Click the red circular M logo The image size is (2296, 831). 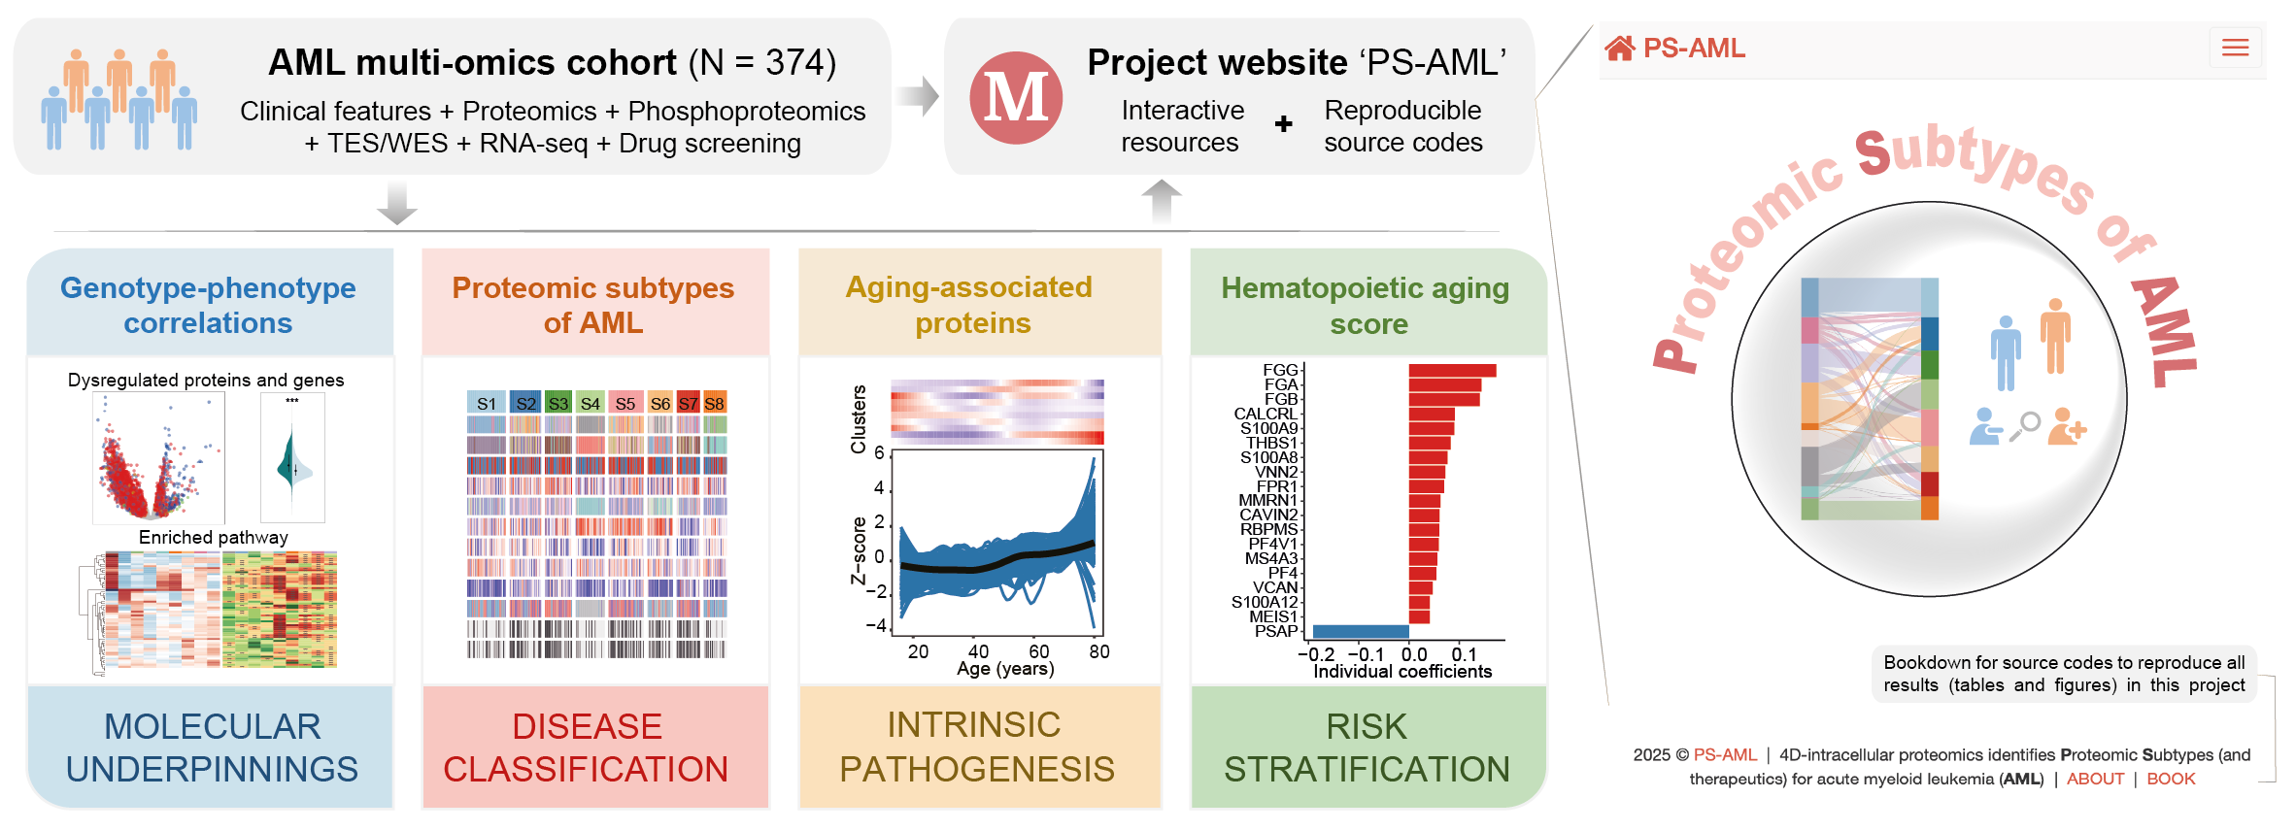click(1016, 98)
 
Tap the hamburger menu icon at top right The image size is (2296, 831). click(2235, 48)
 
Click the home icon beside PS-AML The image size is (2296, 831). click(1619, 48)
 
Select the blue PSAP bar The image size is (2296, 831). click(1360, 631)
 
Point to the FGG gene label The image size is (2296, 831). click(1280, 370)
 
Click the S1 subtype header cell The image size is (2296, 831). click(486, 404)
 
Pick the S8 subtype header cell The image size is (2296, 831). click(715, 404)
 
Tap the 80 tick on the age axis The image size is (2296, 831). click(1098, 651)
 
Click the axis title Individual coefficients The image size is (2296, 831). click(1402, 672)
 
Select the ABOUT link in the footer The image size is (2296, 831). click(2095, 779)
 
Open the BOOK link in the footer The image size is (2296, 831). click(2171, 779)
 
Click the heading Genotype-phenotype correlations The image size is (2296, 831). click(208, 305)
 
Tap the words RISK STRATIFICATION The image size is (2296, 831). click(1367, 748)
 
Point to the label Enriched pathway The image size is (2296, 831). click(213, 537)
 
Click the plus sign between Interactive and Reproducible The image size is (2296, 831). click(1283, 124)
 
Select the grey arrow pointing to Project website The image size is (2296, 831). click(917, 96)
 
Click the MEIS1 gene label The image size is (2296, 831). click(1272, 616)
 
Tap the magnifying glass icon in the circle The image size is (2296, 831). click(2025, 425)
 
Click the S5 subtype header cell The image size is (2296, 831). click(625, 404)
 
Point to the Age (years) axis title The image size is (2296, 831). click(1005, 669)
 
